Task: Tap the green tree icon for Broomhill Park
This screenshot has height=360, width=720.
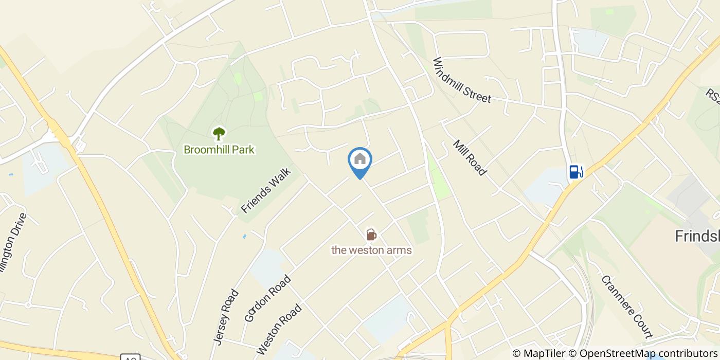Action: coord(219,134)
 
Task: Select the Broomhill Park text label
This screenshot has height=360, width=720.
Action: coord(219,150)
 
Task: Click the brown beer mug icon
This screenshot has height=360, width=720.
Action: coord(371,235)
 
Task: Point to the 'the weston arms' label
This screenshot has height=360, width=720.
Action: coord(371,250)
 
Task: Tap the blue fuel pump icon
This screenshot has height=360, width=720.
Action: coord(576,172)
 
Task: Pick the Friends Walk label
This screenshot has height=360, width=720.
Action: coord(266,190)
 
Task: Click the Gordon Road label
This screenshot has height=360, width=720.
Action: coord(267,299)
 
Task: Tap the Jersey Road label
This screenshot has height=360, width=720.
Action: coord(226,317)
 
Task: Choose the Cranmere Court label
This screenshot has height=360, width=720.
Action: coord(626,307)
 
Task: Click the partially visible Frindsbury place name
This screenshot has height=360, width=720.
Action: coord(697,237)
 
